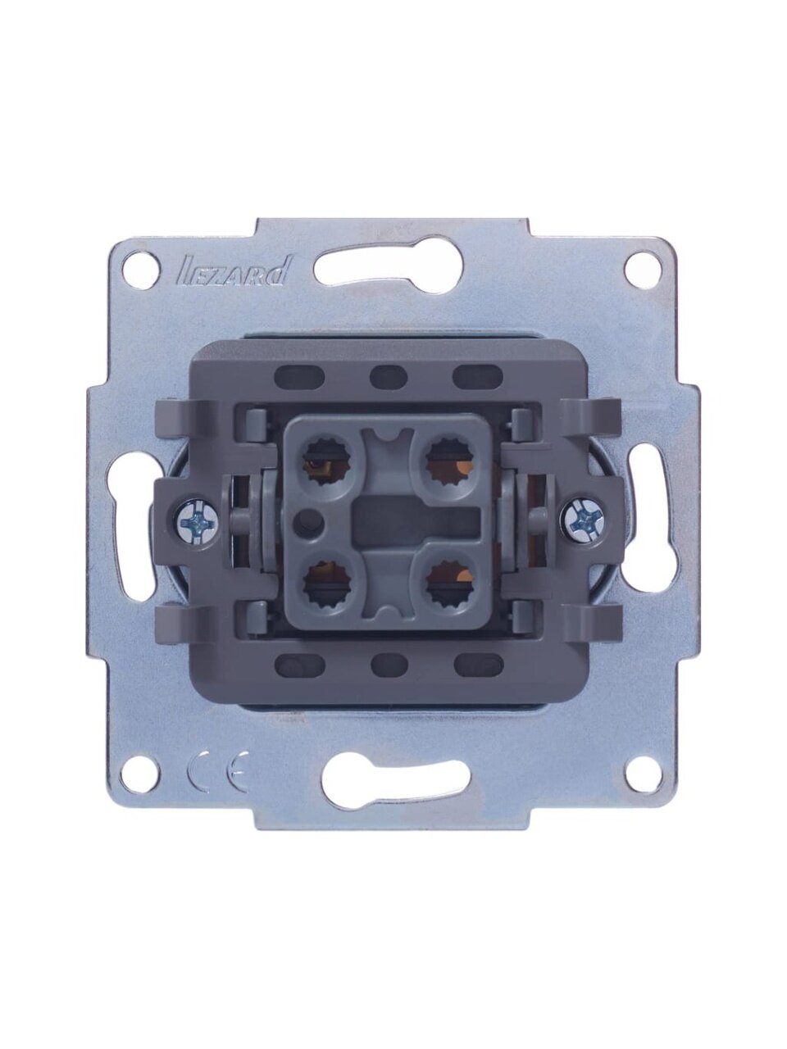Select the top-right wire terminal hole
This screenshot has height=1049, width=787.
tap(449, 458)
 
